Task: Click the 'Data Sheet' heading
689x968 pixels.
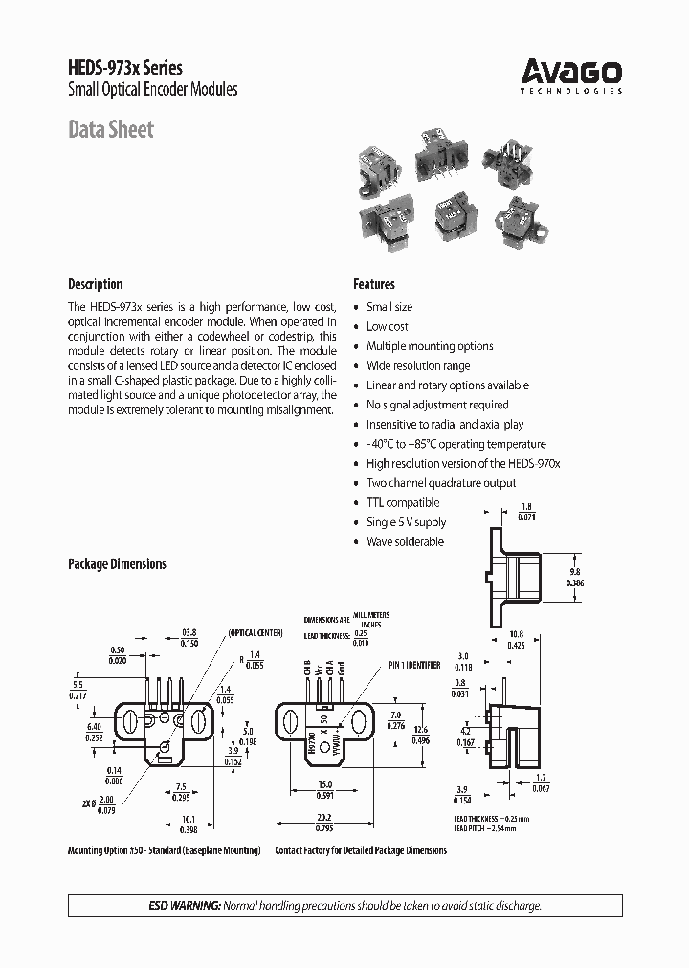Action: pos(110,130)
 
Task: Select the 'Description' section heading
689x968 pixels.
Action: pos(95,284)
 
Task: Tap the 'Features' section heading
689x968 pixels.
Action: pos(373,284)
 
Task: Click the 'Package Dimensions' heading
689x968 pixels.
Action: pos(117,564)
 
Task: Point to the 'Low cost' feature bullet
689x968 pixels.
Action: pos(387,326)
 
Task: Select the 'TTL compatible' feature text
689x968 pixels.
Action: pos(402,502)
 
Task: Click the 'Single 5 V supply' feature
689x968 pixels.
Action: pos(406,522)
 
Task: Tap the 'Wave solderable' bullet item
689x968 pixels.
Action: pos(405,541)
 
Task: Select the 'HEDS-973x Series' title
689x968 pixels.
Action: pos(124,67)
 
